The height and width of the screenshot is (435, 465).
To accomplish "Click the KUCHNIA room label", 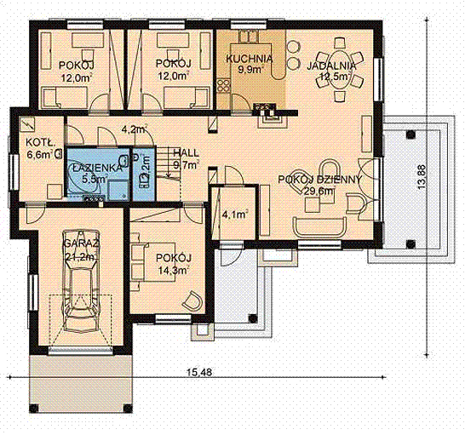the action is (249, 59).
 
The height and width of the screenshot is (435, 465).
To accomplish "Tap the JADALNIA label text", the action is (331, 66).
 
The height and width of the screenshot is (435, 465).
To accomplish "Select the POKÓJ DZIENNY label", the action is (320, 180).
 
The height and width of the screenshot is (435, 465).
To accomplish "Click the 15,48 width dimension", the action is (199, 372).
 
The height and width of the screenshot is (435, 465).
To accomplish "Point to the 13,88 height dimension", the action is (422, 177).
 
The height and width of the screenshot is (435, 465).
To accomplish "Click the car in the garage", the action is (81, 281).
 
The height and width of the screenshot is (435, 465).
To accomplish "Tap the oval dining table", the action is (340, 70).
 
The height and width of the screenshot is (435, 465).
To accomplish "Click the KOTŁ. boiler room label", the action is (40, 143).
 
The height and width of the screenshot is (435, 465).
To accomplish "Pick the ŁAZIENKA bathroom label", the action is (97, 168).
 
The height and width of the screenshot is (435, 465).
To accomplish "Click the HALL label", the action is (187, 153).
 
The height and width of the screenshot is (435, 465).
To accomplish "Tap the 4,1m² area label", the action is (235, 214).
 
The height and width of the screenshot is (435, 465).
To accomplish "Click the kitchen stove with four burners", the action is (223, 86).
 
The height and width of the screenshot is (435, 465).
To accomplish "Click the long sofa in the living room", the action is (320, 226).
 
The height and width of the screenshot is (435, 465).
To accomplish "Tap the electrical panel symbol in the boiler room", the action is (27, 124).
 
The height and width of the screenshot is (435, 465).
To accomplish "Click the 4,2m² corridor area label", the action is (135, 129).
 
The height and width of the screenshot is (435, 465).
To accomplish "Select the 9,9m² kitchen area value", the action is (250, 70).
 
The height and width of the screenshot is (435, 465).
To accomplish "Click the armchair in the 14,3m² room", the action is (192, 301).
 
